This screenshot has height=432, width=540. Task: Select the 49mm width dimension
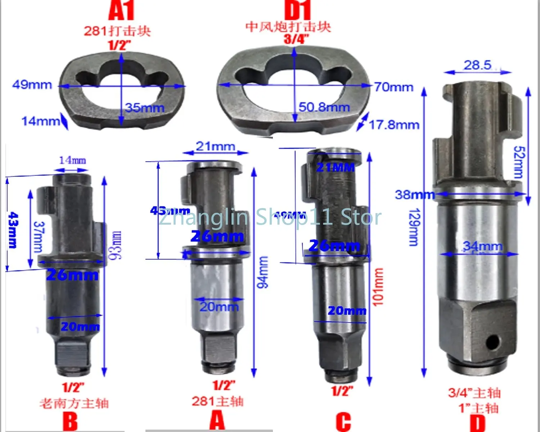pyautogui.click(x=32, y=85)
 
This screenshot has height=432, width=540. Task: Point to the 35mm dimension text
pyautogui.click(x=145, y=107)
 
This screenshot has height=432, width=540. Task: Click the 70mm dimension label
pyautogui.click(x=393, y=87)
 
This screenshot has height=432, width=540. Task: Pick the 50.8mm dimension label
pyautogui.click(x=324, y=107)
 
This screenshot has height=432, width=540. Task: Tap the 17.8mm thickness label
pyautogui.click(x=394, y=125)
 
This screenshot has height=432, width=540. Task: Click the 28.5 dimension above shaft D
pyautogui.click(x=477, y=65)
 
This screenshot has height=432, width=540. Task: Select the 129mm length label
pyautogui.click(x=414, y=227)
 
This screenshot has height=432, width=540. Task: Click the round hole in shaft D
pyautogui.click(x=492, y=341)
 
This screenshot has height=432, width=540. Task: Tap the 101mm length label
pyautogui.click(x=378, y=287)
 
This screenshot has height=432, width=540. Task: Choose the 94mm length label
pyautogui.click(x=263, y=272)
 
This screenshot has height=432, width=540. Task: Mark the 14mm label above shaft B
pyautogui.click(x=72, y=160)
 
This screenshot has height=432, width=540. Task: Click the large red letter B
pyautogui.click(x=70, y=421)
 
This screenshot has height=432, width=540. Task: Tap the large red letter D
pyautogui.click(x=478, y=423)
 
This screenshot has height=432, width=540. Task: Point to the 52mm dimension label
pyautogui.click(x=518, y=162)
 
